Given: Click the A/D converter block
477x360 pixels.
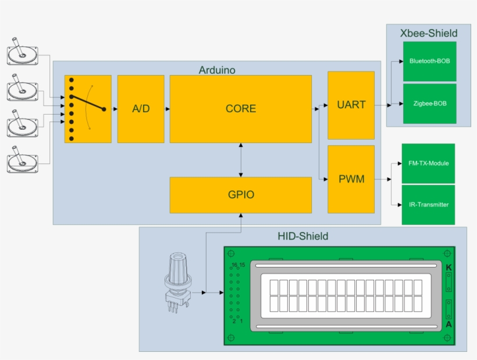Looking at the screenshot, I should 140,109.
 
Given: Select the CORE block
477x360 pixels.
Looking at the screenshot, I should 240,109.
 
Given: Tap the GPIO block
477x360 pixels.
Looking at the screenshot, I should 240,195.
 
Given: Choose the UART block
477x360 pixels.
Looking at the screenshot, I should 351,105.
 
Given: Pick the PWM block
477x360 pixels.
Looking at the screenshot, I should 351,179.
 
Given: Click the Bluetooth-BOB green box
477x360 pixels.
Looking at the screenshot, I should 429,61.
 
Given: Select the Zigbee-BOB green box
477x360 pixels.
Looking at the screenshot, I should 429,104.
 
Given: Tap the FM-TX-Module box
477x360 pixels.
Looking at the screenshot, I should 428,163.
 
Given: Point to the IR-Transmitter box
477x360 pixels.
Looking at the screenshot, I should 428,205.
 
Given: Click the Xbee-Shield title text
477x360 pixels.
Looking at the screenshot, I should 428,33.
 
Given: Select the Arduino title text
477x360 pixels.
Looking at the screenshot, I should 217,70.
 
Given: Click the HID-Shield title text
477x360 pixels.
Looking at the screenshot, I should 302,236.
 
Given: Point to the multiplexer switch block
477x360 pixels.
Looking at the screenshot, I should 88,109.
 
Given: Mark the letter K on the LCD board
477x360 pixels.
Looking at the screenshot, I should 448,268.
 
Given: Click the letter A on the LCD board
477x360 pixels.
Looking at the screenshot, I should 448,325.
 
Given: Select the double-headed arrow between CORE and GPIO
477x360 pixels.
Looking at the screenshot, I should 241,160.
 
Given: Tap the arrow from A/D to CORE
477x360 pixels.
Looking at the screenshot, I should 167,109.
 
